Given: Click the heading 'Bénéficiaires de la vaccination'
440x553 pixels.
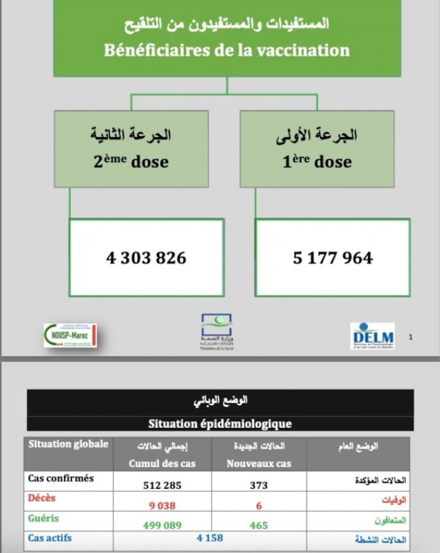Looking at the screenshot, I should tap(227, 50).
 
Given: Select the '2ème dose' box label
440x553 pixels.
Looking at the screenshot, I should tap(131, 161).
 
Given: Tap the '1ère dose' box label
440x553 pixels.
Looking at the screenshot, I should tap(317, 161).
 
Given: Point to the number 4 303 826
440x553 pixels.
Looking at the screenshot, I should tap(146, 258).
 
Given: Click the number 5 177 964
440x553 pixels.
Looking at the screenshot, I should tap(333, 258).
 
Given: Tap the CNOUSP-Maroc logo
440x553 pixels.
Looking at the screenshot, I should tap(70, 335).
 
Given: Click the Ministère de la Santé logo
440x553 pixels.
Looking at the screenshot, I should tap(217, 331).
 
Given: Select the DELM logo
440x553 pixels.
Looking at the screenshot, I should tap(372, 335).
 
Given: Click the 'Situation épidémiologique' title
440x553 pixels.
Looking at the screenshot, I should tap(220, 424).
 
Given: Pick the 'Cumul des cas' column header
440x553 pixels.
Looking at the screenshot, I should tap(162, 464).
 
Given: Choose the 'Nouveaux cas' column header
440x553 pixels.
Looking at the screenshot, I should tap(259, 464).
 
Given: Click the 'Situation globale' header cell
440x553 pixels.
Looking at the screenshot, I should tap(68, 444).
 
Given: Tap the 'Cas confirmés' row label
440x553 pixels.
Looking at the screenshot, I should tap(61, 478).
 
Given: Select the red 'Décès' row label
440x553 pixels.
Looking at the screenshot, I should tap(42, 498).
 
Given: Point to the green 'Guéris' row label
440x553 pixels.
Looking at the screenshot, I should tap(44, 518).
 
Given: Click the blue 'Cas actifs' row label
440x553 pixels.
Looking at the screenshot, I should tap(50, 538).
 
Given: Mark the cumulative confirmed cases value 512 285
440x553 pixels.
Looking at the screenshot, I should tap(162, 485).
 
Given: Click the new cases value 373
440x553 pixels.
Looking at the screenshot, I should tap(258, 485).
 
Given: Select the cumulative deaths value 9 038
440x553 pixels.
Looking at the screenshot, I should tap(162, 505).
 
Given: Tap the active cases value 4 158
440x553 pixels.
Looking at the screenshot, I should tap(209, 538).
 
